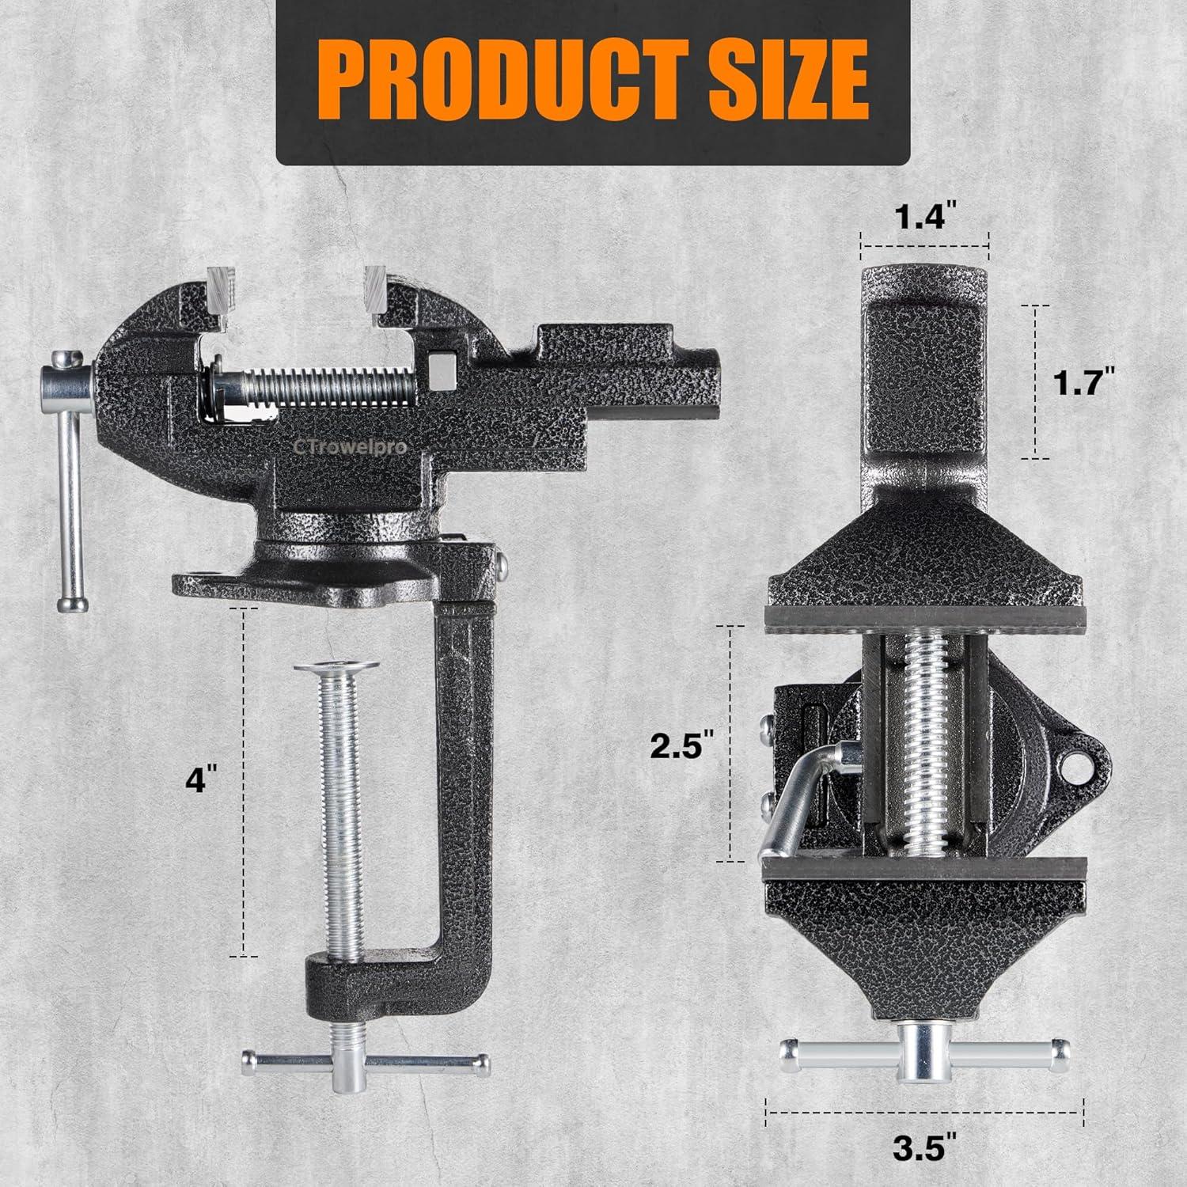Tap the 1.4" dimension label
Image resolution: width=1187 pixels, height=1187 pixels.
click(924, 215)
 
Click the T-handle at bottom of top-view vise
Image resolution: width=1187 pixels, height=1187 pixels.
click(923, 1050)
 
